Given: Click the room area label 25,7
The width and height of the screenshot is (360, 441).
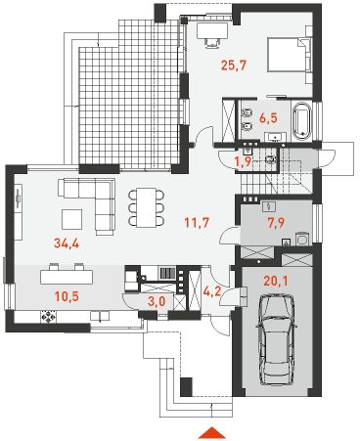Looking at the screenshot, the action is coord(233,66).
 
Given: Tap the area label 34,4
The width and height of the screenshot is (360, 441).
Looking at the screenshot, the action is coord(67,243).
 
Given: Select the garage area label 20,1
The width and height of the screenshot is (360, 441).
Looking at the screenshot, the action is coord(276,281).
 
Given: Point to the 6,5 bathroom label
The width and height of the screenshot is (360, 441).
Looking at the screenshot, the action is coord(268,117).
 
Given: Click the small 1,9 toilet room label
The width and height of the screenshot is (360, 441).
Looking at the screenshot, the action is coord(244,160).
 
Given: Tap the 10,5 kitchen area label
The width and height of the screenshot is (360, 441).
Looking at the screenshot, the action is coord(67,296).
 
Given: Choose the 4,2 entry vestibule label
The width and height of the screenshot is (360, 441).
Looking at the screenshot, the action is coord(212,291).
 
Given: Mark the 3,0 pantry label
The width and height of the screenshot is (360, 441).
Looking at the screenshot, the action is coord(157,301).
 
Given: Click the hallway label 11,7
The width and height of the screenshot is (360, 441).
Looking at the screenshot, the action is coord(197,223).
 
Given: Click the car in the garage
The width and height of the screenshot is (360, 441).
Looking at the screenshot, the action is coord(277,339).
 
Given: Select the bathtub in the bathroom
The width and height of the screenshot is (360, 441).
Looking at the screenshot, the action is coord(301,121).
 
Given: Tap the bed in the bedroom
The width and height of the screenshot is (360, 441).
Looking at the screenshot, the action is coord(290,55).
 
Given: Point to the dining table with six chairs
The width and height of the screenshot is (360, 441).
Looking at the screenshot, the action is coord(147,207).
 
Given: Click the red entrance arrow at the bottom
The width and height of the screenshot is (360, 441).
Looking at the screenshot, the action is coord(212,432).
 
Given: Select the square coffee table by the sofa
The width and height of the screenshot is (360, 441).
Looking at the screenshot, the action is coord(71,219).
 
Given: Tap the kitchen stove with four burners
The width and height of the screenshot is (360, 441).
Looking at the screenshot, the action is coord(48,317).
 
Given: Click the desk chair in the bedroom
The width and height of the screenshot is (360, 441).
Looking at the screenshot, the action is coord(212,42).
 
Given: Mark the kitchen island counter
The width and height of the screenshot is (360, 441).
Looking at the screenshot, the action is coord(67,277).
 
